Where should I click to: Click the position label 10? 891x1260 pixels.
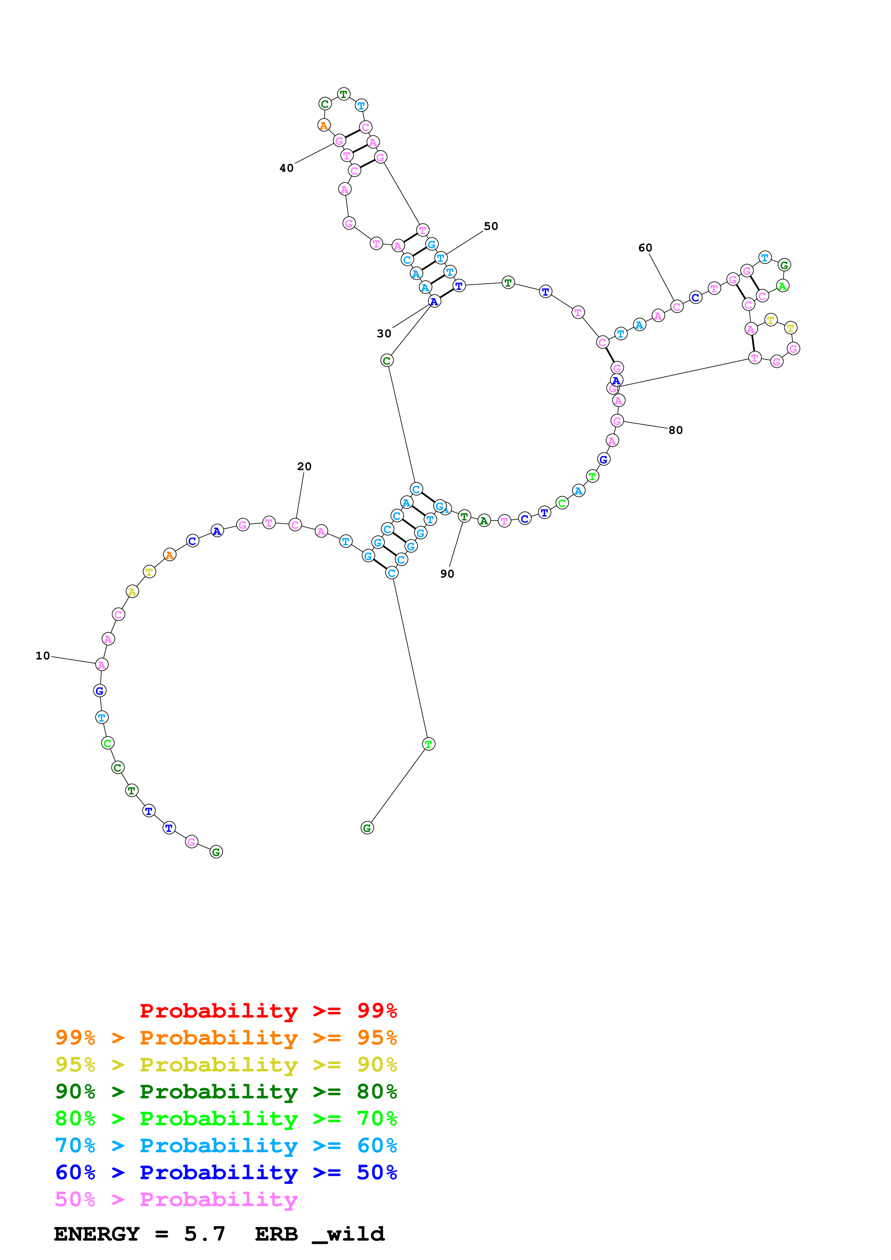tap(42, 656)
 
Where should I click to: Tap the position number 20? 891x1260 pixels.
tap(304, 467)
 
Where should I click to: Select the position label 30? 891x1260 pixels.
tap(384, 334)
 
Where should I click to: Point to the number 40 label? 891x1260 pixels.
tap(286, 168)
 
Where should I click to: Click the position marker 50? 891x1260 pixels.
tap(491, 226)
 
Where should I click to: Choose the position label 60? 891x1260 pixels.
tap(645, 248)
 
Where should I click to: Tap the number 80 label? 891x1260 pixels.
tap(675, 430)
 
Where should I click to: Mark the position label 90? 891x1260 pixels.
tap(447, 574)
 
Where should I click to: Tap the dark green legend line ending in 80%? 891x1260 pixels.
tap(226, 1092)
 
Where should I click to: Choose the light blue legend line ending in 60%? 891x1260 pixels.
tap(226, 1145)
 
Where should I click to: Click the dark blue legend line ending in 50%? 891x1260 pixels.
tap(226, 1172)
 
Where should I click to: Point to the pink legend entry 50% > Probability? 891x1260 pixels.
tap(176, 1200)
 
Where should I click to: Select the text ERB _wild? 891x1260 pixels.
tap(320, 1234)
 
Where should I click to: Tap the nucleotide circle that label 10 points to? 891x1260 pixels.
tap(102, 664)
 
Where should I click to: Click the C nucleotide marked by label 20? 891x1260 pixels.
tap(295, 525)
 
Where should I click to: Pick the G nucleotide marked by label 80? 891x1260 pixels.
tap(617, 421)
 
